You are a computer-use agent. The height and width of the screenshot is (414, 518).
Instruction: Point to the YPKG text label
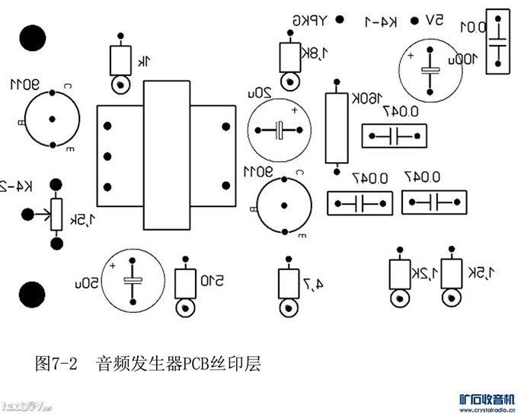click(x=312, y=21)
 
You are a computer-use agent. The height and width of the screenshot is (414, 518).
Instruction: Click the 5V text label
click(x=434, y=21)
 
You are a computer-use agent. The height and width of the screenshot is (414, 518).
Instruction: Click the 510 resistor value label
click(x=211, y=282)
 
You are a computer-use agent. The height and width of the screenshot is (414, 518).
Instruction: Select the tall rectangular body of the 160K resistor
click(x=334, y=128)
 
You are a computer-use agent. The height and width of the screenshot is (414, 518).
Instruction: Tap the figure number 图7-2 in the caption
click(x=57, y=364)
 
